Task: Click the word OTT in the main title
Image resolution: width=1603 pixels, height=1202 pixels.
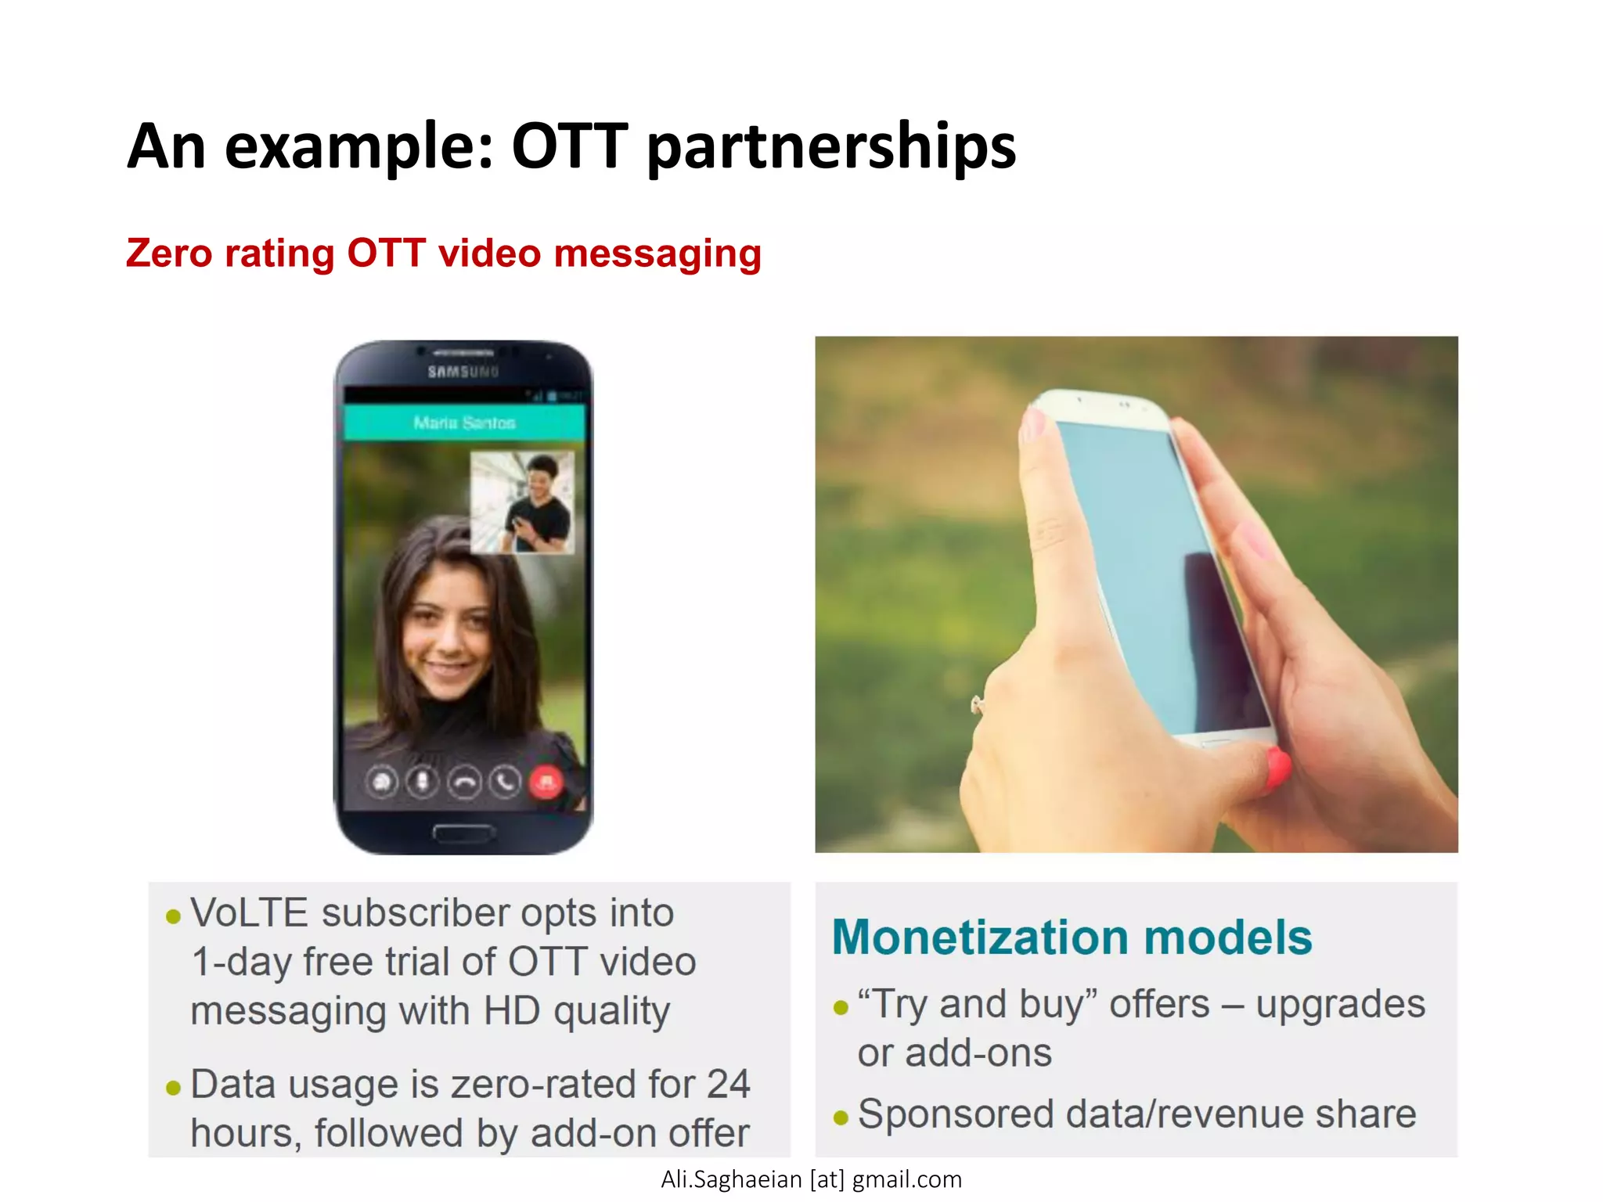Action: point(569,146)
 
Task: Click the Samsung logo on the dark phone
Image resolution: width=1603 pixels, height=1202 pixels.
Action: point(463,372)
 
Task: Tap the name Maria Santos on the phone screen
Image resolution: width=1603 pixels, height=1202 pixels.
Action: point(464,423)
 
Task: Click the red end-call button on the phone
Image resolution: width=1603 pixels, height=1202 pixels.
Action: point(546,782)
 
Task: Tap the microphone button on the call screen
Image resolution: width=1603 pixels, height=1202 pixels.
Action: point(423,782)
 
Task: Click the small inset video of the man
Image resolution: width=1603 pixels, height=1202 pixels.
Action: point(522,502)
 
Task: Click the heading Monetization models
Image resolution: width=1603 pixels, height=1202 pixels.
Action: point(1072,937)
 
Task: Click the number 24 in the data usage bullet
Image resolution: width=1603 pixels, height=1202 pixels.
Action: point(728,1085)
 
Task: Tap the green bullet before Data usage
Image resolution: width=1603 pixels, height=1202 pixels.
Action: point(174,1088)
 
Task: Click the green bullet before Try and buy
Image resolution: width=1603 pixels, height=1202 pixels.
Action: point(841,1007)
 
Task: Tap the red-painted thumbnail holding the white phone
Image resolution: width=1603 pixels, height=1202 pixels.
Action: point(1277,766)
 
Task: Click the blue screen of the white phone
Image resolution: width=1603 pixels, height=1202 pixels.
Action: point(1151,563)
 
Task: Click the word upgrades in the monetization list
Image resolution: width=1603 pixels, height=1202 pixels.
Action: point(1340,1006)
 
